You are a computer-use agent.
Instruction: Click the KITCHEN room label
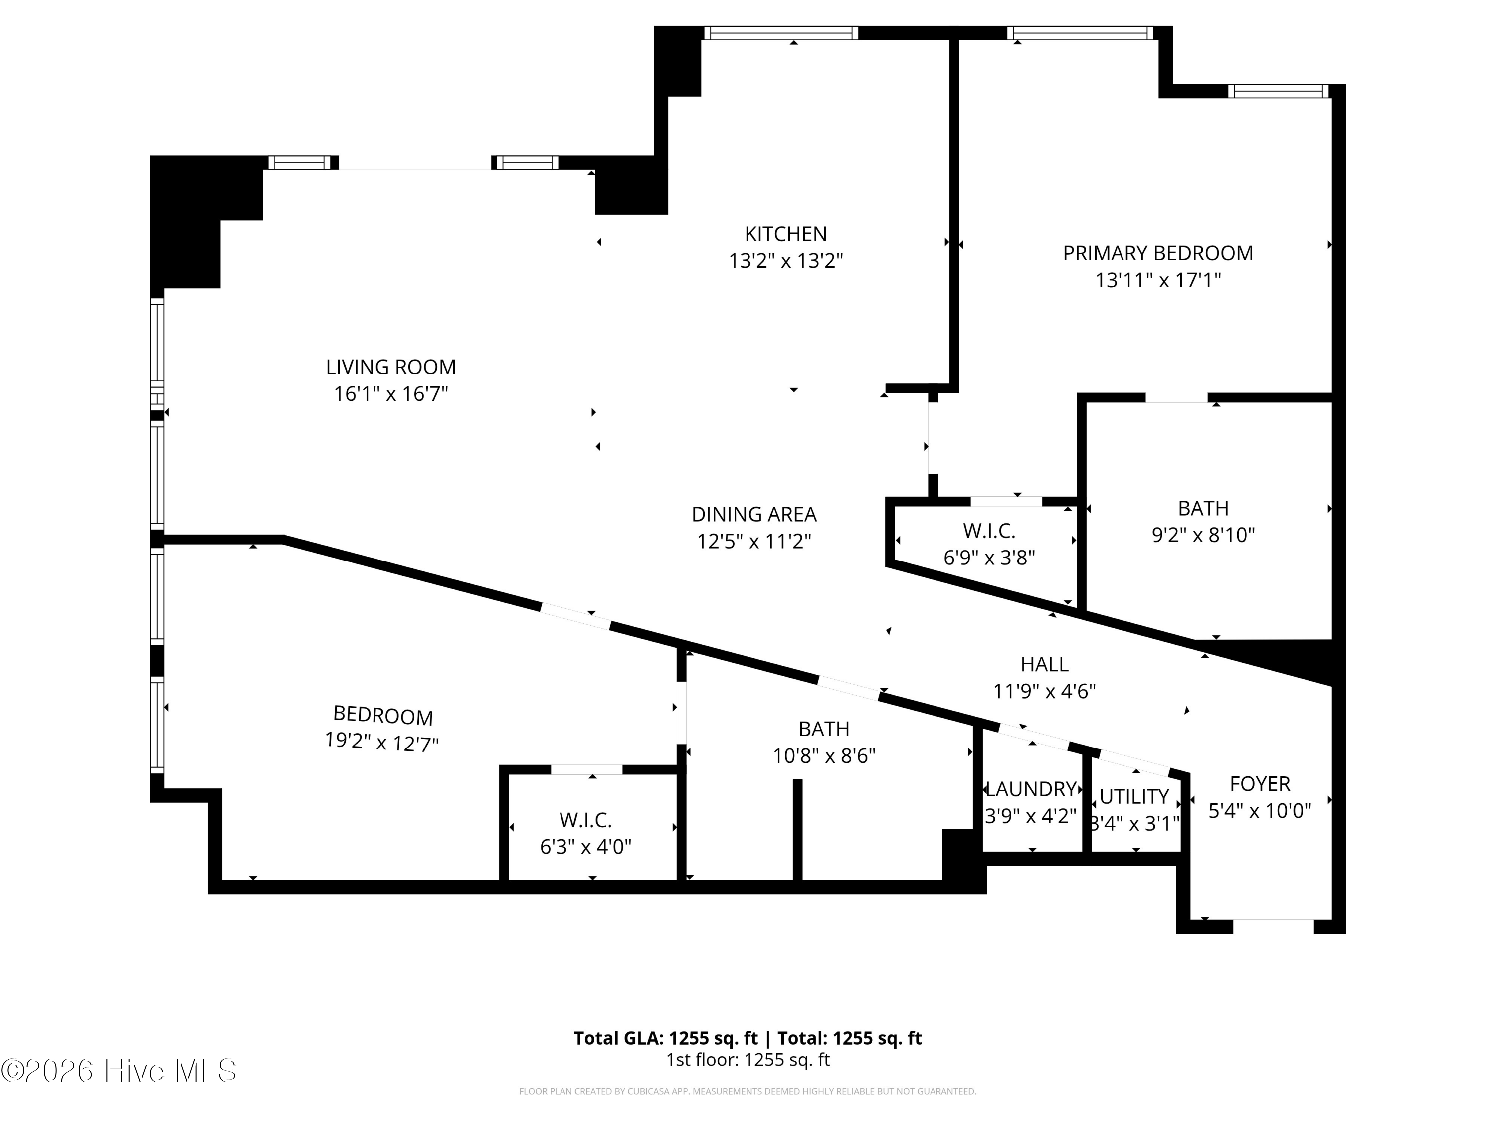click(785, 234)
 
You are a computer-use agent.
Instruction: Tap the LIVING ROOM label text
click(391, 367)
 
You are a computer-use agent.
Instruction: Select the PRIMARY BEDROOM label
click(1158, 253)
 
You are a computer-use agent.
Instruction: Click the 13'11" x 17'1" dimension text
click(1158, 280)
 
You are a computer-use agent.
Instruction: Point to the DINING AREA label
click(754, 514)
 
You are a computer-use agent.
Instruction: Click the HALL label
click(1044, 664)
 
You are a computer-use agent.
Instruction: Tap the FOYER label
click(1259, 784)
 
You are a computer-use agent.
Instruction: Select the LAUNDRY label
click(1031, 789)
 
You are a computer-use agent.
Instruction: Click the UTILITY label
click(1134, 797)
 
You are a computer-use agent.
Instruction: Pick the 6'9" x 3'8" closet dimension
click(989, 558)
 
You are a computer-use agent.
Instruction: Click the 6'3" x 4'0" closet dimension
click(586, 847)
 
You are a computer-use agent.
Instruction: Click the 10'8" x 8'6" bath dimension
click(824, 755)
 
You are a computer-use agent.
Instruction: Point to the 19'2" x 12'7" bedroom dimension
click(382, 743)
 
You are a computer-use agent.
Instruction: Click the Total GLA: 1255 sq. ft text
click(666, 1038)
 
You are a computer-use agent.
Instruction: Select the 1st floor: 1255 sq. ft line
click(748, 1060)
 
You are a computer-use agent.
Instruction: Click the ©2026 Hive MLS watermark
click(118, 1071)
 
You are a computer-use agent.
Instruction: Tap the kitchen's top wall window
click(780, 33)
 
